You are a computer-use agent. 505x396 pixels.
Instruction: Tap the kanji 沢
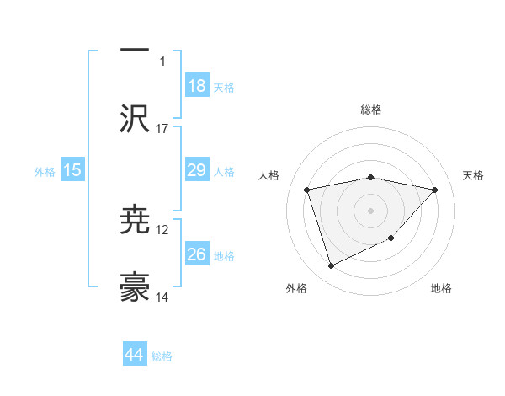point(135,118)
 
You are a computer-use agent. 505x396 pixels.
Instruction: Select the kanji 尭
point(135,221)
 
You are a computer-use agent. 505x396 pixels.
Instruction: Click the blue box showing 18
point(197,85)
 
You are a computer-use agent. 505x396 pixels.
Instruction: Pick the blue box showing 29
point(197,170)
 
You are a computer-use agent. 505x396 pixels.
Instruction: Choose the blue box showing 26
point(197,254)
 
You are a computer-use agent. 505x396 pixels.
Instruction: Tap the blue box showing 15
point(72,170)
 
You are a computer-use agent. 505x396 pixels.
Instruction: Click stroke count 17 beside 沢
point(162,128)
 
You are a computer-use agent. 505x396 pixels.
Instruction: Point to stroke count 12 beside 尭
point(162,229)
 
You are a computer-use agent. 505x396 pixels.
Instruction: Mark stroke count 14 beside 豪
point(162,297)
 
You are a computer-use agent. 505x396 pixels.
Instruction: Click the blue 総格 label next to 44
point(162,356)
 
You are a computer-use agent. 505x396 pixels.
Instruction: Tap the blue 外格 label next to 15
point(45,171)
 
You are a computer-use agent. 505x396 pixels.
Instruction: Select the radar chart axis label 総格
point(371,110)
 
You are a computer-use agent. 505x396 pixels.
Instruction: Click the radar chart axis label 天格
point(474,175)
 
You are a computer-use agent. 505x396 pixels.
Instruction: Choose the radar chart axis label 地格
point(441,288)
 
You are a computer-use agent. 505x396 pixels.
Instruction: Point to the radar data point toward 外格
point(331,266)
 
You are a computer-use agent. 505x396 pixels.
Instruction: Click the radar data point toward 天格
point(435,190)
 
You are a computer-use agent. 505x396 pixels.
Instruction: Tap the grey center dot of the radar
point(371,210)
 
